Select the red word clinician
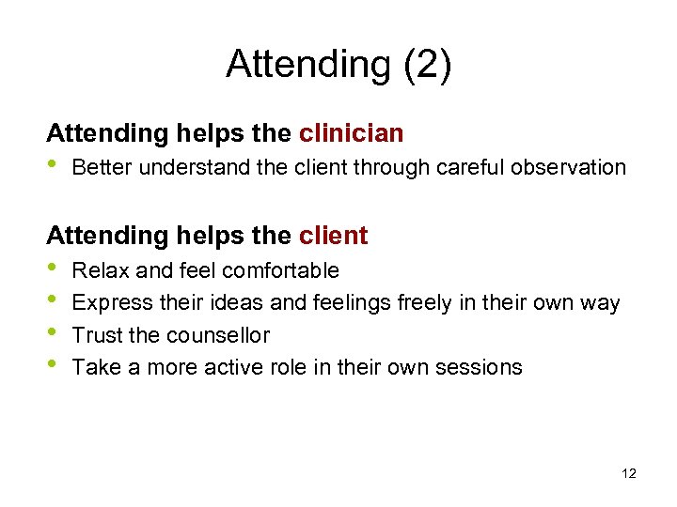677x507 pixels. [352, 134]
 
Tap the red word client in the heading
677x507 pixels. [334, 236]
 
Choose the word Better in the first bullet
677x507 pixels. [100, 168]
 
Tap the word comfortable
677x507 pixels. [281, 271]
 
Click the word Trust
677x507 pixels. [95, 335]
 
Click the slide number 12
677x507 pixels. [629, 474]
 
